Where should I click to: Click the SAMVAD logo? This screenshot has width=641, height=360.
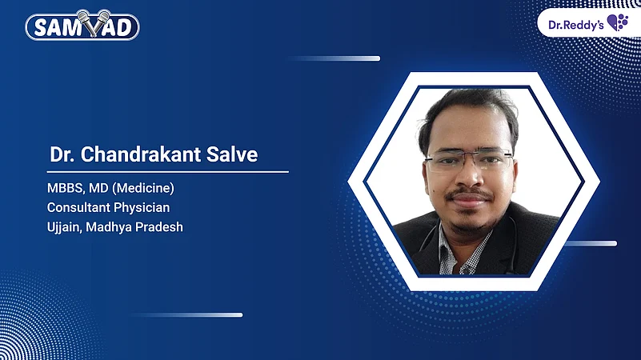[82, 26]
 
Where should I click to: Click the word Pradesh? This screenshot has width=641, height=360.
[159, 226]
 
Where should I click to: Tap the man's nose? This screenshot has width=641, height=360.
[469, 178]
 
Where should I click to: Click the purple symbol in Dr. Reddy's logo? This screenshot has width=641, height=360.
[617, 22]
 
